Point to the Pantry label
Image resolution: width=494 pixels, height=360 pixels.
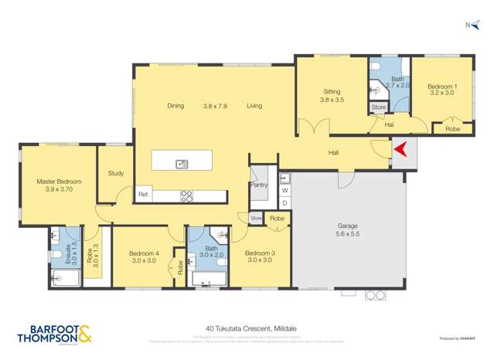coord(257,185)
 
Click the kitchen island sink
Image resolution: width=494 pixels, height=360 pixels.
coord(182,163)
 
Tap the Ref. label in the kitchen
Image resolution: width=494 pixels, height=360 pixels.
coord(143,195)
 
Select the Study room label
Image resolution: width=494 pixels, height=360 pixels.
coord(116,173)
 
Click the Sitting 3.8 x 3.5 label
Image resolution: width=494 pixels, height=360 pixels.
coord(331,96)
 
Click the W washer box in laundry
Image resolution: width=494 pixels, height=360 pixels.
coord(284,189)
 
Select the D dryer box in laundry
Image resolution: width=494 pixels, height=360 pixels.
coord(284,202)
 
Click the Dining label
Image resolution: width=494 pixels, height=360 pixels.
coord(175,106)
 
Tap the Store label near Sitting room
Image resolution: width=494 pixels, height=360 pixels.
coord(378,107)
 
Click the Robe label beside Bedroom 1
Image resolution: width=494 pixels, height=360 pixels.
coord(452,129)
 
